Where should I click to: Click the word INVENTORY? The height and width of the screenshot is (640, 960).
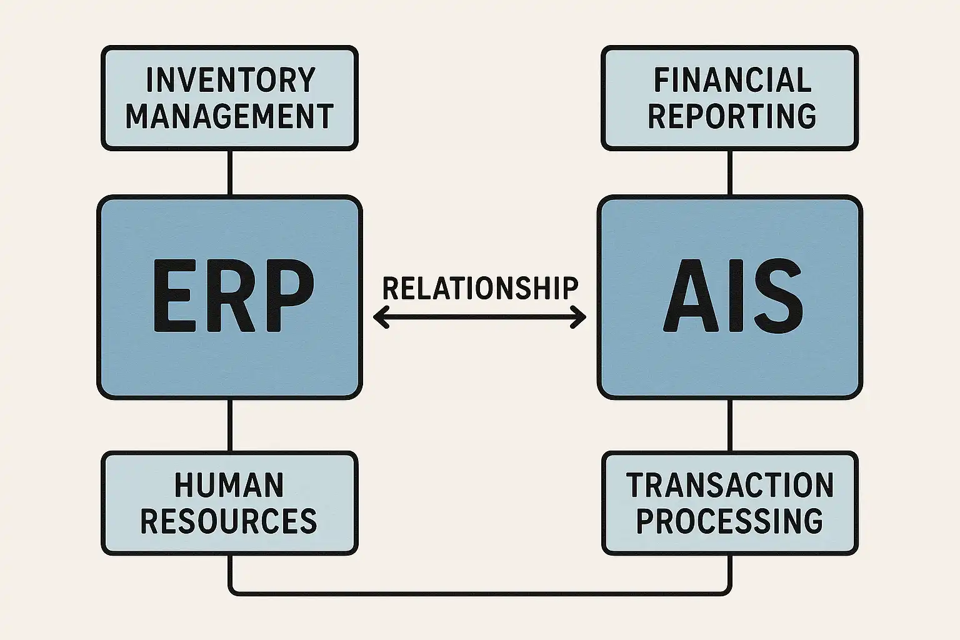[230, 80]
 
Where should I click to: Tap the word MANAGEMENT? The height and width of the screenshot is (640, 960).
[230, 116]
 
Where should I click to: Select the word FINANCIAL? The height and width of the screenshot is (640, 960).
[732, 80]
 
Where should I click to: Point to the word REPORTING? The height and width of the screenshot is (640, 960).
[732, 116]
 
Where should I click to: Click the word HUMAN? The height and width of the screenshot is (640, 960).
[229, 485]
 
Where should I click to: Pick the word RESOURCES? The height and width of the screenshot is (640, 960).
[229, 521]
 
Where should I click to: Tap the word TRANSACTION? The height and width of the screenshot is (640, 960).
[730, 485]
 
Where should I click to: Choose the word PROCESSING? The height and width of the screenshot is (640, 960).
[730, 521]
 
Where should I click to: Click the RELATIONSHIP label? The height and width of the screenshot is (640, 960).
[480, 288]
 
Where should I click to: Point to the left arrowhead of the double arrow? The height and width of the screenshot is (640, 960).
[379, 317]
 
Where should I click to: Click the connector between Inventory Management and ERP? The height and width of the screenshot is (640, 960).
[230, 172]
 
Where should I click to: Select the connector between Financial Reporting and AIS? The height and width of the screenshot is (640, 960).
[729, 172]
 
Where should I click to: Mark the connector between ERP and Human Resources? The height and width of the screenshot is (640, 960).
[230, 425]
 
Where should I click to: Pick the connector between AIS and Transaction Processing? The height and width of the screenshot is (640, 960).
[729, 425]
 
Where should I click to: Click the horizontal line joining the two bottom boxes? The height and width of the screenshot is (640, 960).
[480, 591]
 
